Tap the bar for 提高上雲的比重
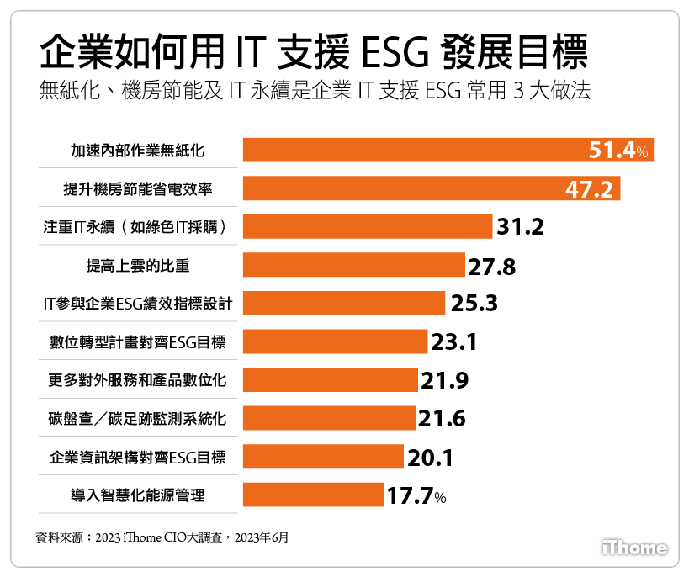pos(353,265)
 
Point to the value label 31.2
pos(521,227)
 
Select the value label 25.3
pos(474,303)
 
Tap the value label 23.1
pos(454,341)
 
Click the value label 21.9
pos(445,380)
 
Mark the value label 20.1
pos(431,458)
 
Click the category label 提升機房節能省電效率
pos(137,189)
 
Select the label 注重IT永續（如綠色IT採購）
pos(137,227)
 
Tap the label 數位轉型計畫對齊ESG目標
pos(137,342)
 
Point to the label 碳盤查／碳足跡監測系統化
pos(137,419)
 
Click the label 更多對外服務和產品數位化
pos(137,380)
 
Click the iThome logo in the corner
pos(635,548)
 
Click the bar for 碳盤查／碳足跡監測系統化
pos(329,418)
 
